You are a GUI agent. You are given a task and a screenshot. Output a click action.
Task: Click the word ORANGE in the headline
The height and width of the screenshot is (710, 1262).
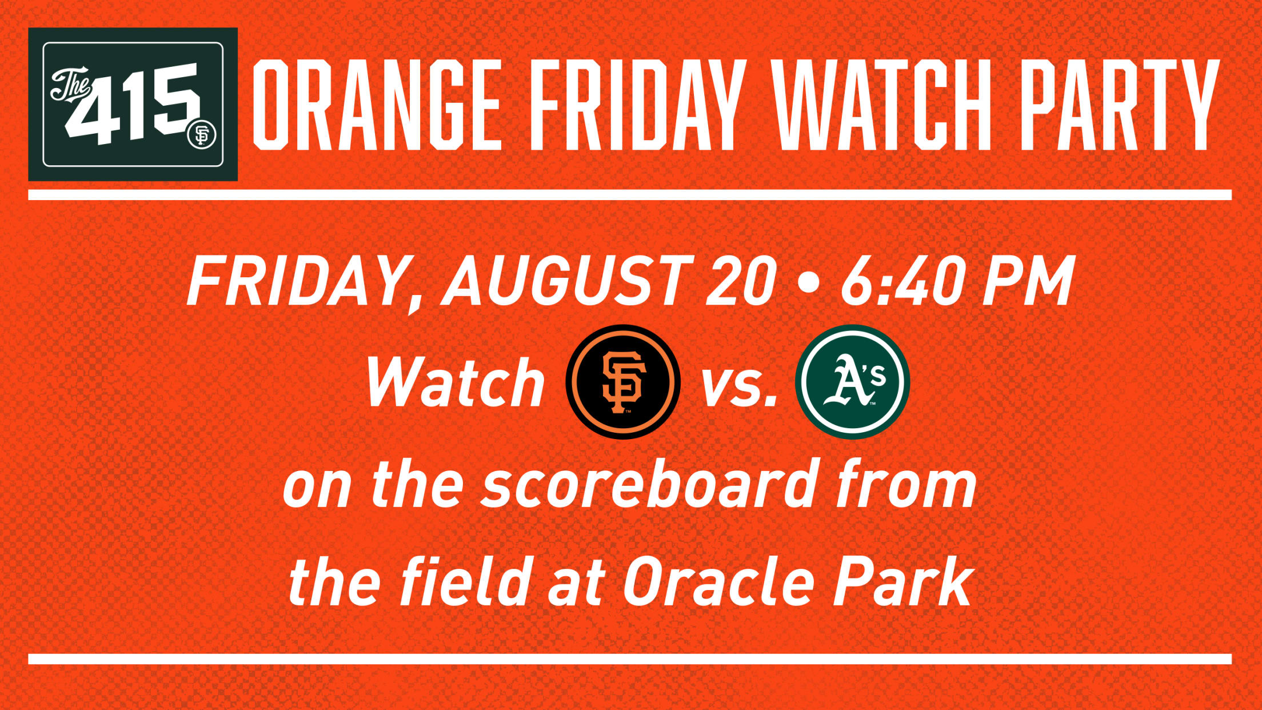(377, 105)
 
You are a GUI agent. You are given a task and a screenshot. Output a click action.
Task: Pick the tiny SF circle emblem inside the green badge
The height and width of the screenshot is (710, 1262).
(202, 135)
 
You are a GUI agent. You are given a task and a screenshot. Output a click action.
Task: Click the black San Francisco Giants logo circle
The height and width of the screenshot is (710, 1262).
(623, 382)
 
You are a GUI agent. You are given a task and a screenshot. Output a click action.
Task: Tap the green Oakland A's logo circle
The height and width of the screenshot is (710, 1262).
(852, 382)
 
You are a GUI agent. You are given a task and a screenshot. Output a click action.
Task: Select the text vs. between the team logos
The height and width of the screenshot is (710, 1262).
(740, 385)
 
